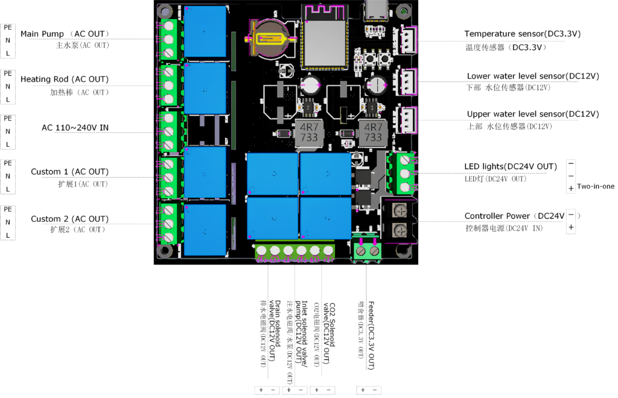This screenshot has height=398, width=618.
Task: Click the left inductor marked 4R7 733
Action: click(x=309, y=133)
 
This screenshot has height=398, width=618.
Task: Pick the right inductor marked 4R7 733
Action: click(x=374, y=133)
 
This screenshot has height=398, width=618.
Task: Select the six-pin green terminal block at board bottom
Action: click(x=294, y=251)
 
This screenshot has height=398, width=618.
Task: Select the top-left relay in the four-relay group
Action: click(x=272, y=174)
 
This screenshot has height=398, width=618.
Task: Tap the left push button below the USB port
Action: click(x=368, y=57)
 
